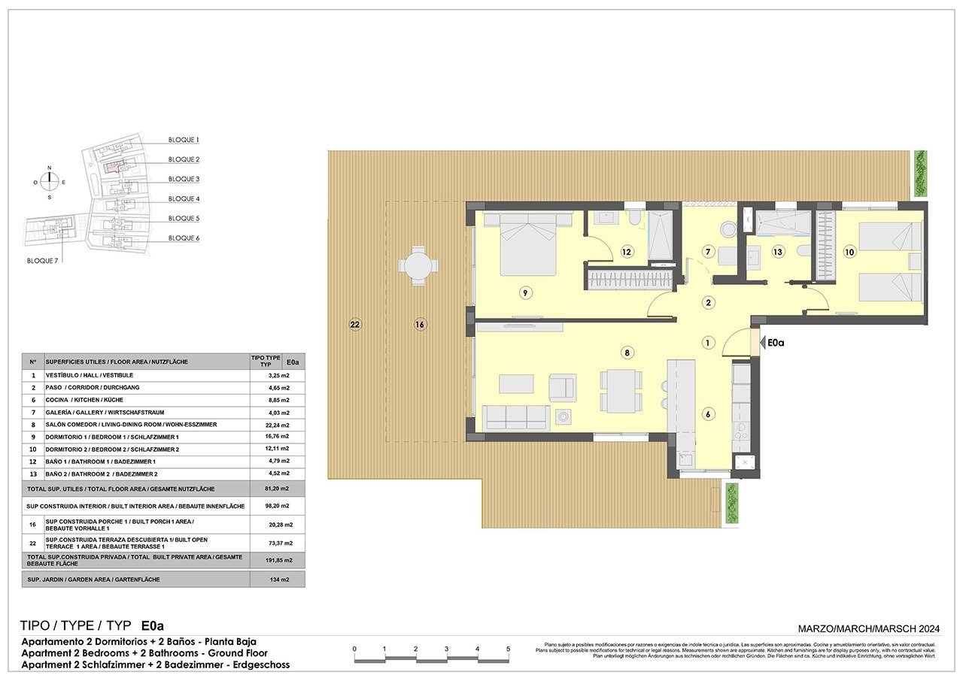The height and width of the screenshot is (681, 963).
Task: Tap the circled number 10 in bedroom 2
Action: point(849,253)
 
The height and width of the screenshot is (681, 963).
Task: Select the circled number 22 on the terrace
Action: point(355,325)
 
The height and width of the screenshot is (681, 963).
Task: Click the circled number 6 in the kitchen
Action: point(708,413)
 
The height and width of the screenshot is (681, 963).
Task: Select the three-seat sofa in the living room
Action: point(515,416)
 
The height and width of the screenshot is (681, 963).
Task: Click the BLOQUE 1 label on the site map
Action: point(184,141)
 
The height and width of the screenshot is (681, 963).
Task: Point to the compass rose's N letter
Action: point(50,168)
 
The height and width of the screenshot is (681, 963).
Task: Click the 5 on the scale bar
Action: point(508,649)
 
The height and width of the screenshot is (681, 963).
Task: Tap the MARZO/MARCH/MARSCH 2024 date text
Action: point(868,628)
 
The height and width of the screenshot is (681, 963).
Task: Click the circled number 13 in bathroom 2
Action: point(777,253)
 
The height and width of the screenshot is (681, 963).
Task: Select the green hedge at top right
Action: point(920,171)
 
